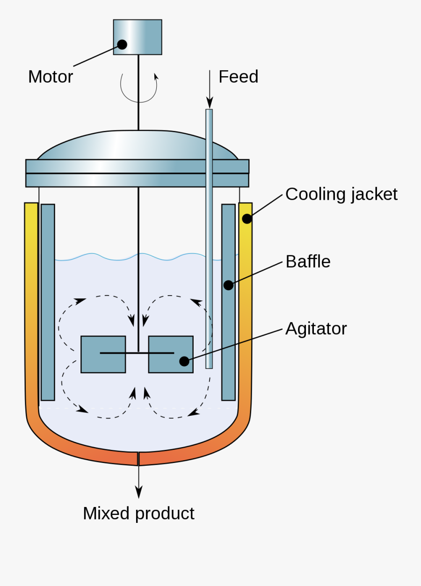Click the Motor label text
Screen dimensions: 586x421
pos(51,77)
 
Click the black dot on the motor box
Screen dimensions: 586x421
pos(122,44)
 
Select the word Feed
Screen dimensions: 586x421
pos(238,77)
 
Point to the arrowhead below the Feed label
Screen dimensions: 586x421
pos(210,103)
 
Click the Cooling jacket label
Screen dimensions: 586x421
pos(341,194)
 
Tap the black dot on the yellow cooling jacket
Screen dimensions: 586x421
pos(247,218)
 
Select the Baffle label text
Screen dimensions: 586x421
pos(308,261)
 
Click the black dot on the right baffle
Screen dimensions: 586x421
pos(228,285)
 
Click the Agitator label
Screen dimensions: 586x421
pos(316,329)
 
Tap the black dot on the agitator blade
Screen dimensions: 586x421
pos(184,361)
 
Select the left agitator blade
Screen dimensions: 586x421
pos(103,354)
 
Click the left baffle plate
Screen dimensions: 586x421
pos(48,302)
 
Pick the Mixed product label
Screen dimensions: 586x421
pos(138,514)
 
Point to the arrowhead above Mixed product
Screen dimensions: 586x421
pos(138,492)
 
